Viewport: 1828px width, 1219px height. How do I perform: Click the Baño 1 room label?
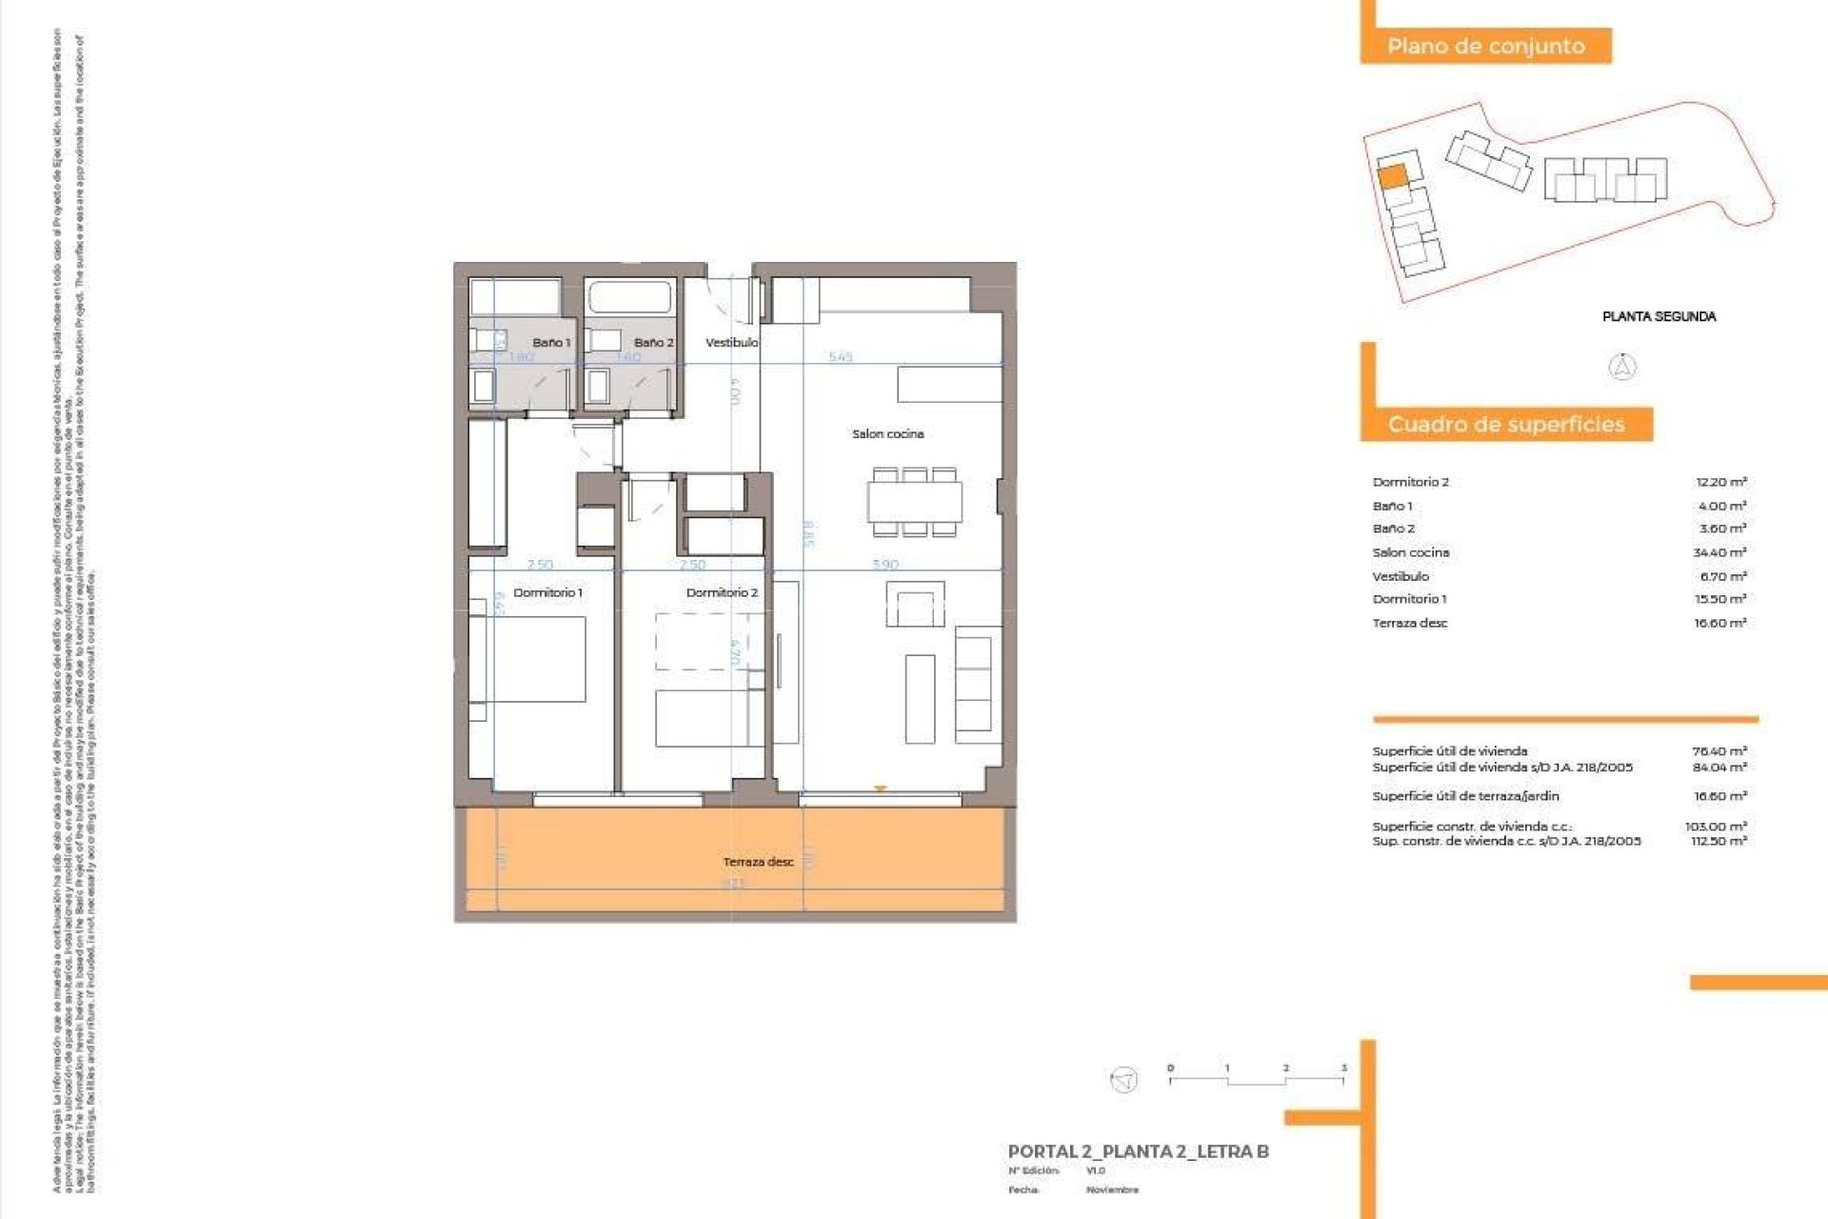(551, 342)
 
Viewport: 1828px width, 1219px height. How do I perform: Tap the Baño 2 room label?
(653, 342)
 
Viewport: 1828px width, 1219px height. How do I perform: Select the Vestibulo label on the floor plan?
(731, 342)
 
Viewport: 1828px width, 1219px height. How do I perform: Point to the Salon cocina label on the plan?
(887, 433)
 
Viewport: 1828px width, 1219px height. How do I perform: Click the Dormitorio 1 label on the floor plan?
(547, 592)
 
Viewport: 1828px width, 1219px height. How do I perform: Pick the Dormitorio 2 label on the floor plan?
(722, 592)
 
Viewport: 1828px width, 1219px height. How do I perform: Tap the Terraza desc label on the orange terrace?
(758, 862)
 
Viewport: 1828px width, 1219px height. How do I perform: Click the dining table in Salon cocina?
(914, 502)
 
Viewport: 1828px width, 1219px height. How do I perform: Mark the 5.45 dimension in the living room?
(840, 357)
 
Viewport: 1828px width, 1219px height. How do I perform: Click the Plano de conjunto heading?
(1485, 46)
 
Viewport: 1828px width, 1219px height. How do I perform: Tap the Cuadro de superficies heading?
(1505, 424)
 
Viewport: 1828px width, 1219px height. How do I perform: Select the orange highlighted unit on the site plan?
(1392, 176)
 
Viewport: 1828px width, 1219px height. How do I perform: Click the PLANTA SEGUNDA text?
(1659, 316)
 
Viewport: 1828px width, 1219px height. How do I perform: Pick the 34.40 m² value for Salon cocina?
(1719, 552)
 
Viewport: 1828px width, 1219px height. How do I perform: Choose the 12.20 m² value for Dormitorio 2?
(1720, 482)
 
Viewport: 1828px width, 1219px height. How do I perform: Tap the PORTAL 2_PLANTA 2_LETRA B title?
(1138, 1151)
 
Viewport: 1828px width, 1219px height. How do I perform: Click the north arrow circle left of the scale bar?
(1124, 1079)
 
